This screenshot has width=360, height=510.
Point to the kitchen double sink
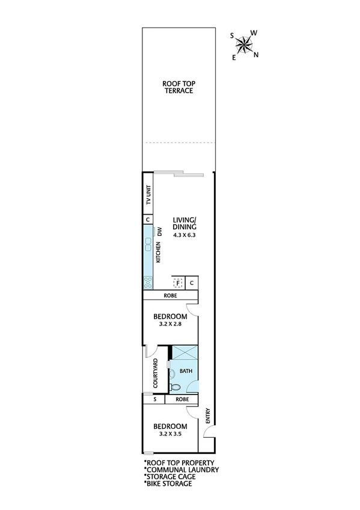coord(148,245)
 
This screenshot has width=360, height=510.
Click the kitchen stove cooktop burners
coord(148,281)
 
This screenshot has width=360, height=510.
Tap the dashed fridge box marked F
coord(178,282)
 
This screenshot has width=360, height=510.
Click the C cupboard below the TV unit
coord(148,220)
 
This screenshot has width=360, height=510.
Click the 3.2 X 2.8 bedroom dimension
coord(171,324)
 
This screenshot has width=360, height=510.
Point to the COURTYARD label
coord(156,373)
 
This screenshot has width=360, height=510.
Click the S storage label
coord(154,399)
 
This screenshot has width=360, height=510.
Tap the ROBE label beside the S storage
coord(183,399)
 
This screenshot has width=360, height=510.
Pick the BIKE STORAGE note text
coord(169,483)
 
